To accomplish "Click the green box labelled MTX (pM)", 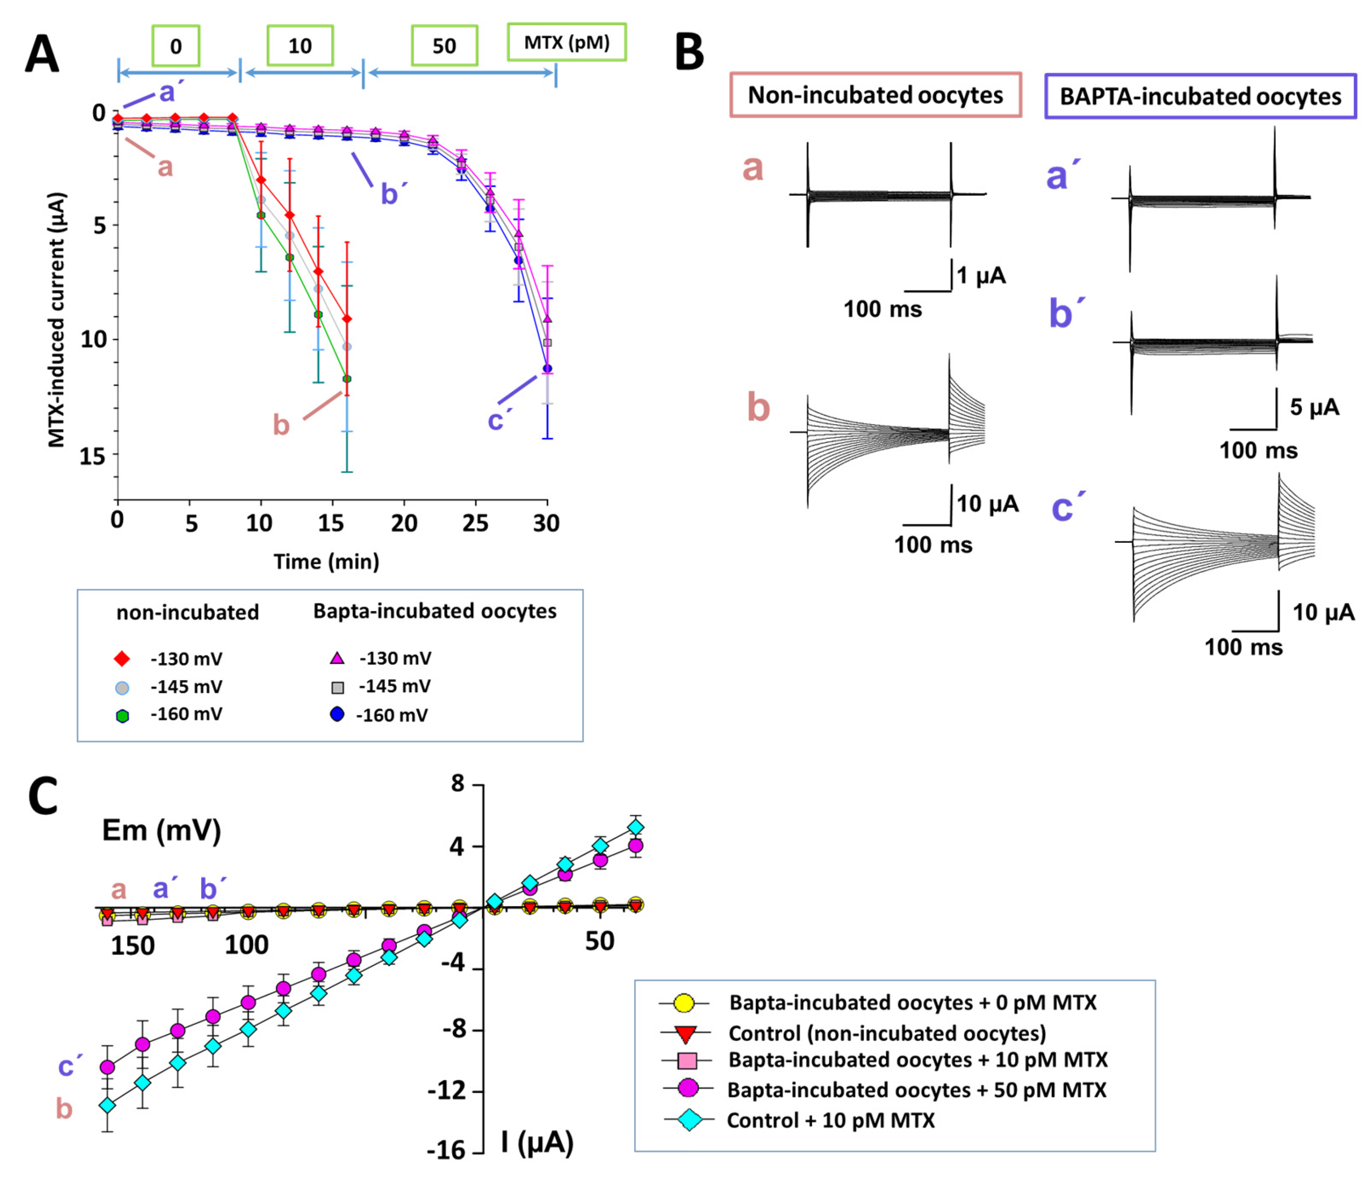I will point(566,43).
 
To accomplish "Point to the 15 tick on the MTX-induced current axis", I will point(93,455).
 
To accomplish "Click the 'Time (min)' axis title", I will point(326,562).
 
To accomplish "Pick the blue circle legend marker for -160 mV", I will point(338,715).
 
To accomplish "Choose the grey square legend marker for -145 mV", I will point(338,687).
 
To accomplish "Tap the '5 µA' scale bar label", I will point(1314,407).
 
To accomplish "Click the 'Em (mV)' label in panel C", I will point(161,830).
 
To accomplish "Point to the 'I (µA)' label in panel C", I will point(537,1142).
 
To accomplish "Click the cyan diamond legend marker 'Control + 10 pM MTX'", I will point(689,1120).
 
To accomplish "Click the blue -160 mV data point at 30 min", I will point(547,368).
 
